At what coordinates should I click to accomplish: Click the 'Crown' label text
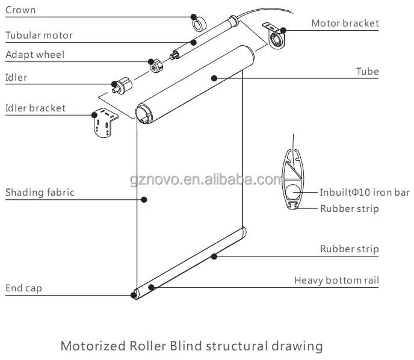(20, 10)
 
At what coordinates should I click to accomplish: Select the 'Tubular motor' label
(39, 35)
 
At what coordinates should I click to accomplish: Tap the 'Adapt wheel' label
(35, 55)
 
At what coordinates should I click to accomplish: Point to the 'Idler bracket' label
(36, 108)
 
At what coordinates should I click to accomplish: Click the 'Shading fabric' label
(40, 193)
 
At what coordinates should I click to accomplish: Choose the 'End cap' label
(24, 288)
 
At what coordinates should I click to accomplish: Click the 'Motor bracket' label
(345, 23)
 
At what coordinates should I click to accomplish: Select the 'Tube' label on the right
(368, 72)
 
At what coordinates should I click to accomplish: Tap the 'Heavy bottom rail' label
(336, 281)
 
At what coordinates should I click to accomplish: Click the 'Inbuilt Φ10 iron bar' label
(365, 193)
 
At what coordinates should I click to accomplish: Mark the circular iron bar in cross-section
(294, 193)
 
